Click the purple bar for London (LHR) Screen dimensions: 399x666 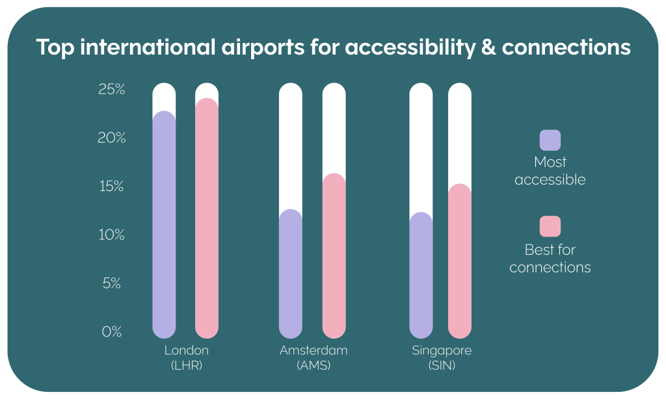[164, 224]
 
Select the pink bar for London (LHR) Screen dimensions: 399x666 [207, 218]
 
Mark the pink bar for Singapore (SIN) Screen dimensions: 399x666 [460, 261]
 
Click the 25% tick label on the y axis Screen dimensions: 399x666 [111, 90]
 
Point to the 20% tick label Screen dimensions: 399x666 [111, 138]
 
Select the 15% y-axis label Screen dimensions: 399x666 [111, 187]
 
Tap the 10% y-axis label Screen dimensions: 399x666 [111, 235]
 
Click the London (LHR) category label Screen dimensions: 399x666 [187, 358]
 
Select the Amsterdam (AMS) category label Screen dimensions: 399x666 [313, 358]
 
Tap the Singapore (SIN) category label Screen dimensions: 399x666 [442, 358]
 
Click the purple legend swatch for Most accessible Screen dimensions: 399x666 [550, 140]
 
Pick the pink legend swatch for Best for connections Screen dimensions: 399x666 [550, 226]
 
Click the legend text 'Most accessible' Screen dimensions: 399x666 [550, 171]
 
